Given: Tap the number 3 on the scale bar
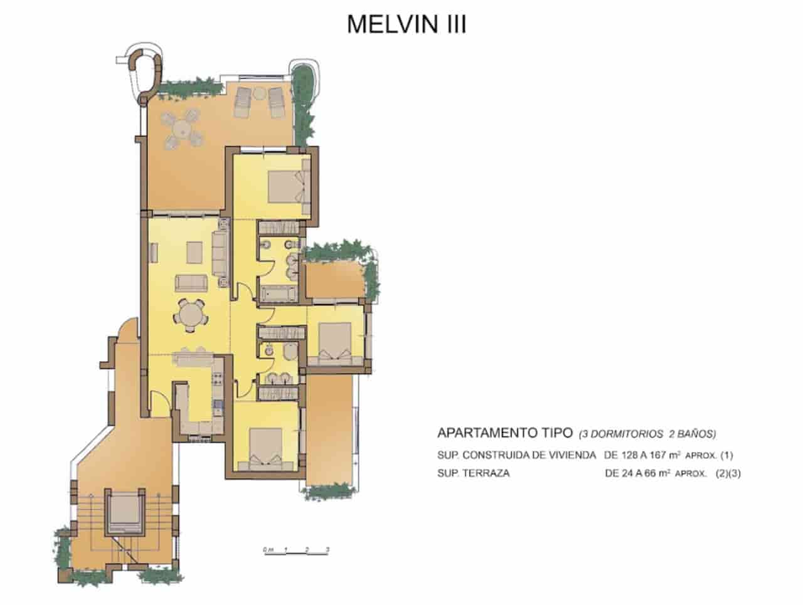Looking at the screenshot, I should [x=328, y=550].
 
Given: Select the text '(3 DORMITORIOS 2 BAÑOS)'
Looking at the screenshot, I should [x=647, y=433].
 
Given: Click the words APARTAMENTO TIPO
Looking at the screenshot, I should [x=505, y=433].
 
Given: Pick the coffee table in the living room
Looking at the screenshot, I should [x=195, y=251].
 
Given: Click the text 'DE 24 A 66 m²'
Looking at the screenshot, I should [x=638, y=473].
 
